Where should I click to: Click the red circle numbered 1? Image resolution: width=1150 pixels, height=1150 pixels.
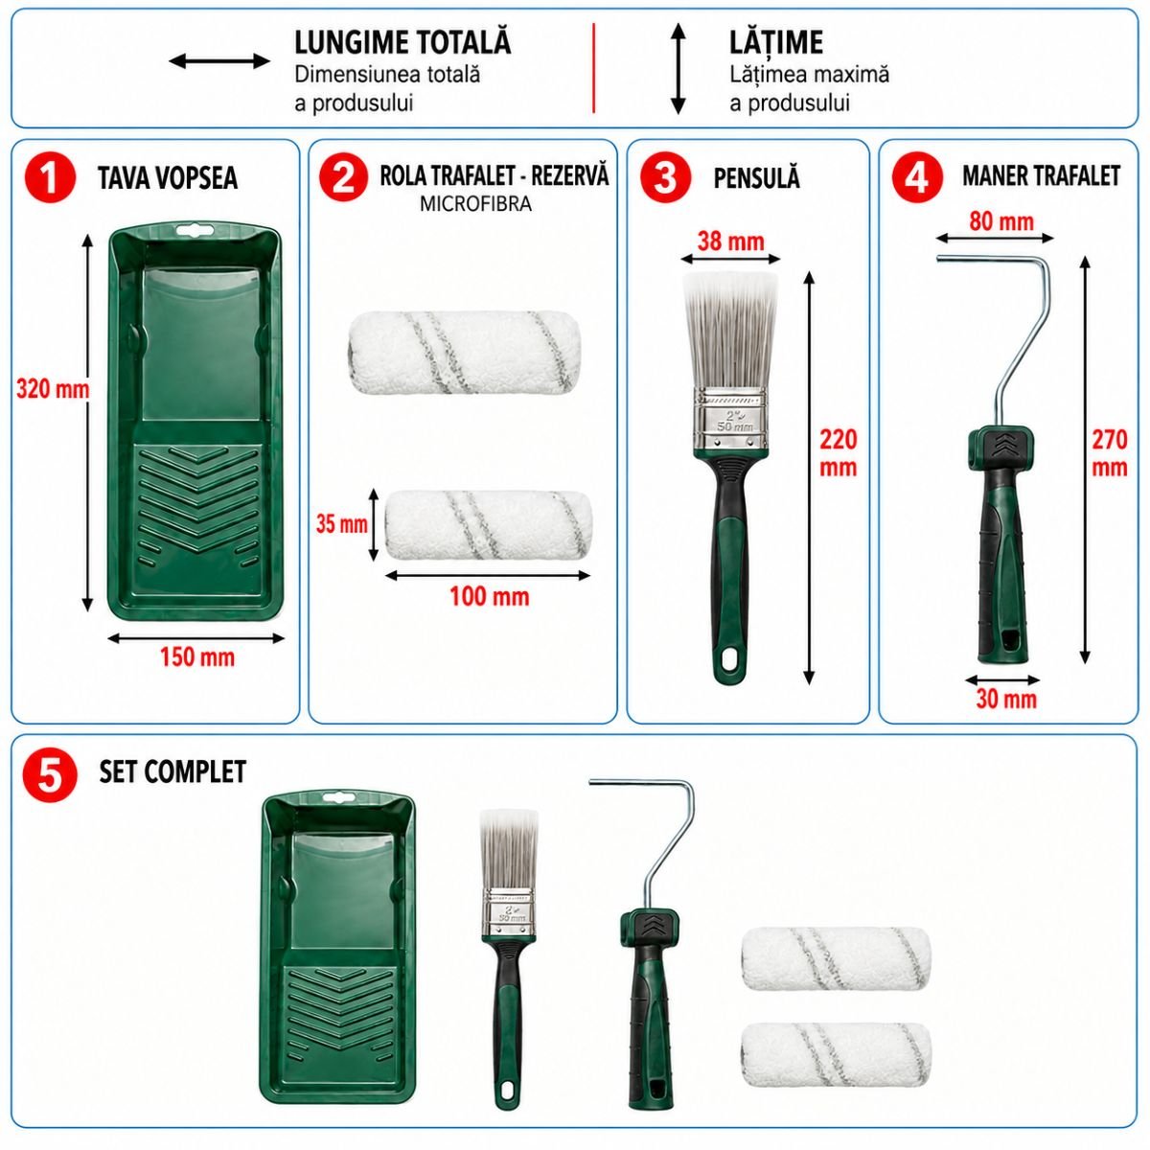pos(50,178)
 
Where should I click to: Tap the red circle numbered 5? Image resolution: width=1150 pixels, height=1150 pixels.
pos(50,774)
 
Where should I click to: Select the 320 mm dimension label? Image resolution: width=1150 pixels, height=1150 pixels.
pos(53,390)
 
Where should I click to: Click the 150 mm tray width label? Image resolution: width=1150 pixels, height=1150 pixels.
pos(197,657)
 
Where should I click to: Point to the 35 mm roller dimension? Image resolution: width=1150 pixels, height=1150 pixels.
pos(341,524)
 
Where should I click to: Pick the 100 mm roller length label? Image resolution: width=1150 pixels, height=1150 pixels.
pos(490,597)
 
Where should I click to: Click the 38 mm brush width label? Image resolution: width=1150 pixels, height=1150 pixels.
pos(730,241)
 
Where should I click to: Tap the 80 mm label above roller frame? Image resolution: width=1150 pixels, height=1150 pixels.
pos(1001,221)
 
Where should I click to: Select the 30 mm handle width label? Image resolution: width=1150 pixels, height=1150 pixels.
pos(1006,699)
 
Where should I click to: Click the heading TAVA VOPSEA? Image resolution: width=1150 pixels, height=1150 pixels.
pos(168,178)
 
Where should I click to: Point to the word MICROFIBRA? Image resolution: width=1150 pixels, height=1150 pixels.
pos(475,204)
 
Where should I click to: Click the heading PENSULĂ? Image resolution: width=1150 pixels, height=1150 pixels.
pos(757,178)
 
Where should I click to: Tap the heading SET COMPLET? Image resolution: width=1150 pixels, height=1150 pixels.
pos(172,771)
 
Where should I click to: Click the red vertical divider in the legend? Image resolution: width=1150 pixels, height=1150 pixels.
pos(593,68)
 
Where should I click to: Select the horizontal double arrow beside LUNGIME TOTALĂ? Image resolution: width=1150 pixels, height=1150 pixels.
pos(219,61)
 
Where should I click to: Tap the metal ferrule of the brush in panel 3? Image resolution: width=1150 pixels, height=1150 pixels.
pos(731,420)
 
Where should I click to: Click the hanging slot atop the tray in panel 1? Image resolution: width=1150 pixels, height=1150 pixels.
pos(195,229)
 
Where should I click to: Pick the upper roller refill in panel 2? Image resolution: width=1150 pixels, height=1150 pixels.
pos(464,353)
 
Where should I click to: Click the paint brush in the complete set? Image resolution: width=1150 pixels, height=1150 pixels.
pos(509,958)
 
